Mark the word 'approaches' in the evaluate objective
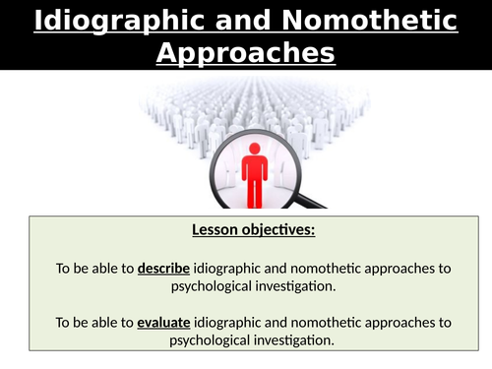(402, 322)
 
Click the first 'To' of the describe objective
(65, 268)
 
